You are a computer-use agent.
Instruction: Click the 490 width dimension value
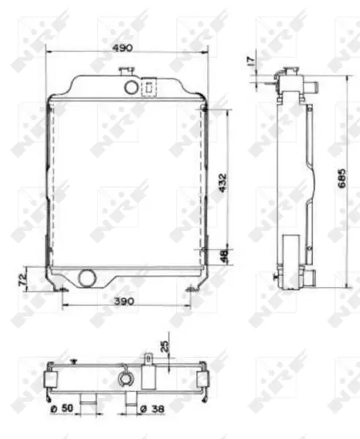122,48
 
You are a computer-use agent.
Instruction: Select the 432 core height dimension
223,183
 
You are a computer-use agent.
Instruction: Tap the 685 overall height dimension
342,179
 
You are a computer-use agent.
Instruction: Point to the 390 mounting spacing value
124,301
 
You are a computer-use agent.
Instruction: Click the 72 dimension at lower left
23,279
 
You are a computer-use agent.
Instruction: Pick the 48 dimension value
225,255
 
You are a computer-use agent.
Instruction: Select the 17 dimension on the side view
251,61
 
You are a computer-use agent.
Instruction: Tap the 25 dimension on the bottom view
165,346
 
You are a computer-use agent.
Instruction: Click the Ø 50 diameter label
62,408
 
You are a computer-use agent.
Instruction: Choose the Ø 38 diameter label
151,409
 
